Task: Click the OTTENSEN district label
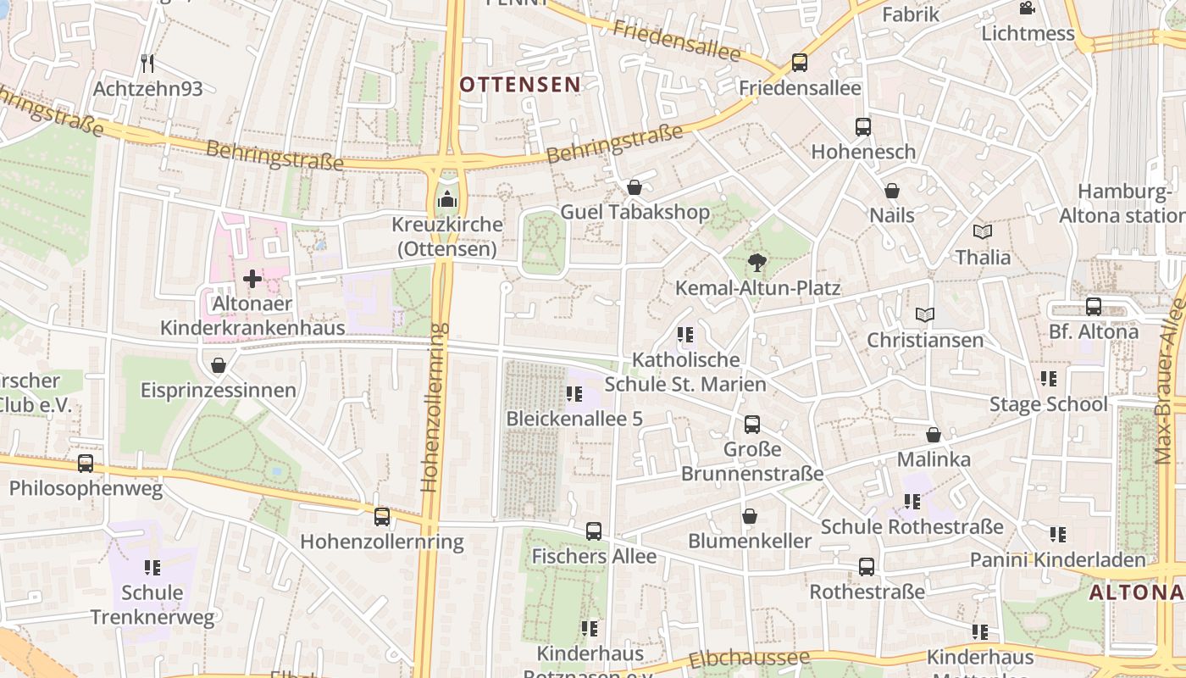tap(520, 84)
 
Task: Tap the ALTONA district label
tap(1136, 592)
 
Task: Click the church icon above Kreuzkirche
tap(446, 201)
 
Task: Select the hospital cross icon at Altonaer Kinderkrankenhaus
tap(252, 278)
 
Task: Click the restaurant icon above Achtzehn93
tap(147, 63)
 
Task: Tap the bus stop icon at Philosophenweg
tap(86, 464)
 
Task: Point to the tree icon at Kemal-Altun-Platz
tap(756, 263)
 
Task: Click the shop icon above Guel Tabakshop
tap(635, 187)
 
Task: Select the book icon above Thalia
tap(983, 231)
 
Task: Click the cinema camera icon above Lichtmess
tap(1027, 8)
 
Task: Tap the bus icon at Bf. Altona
tap(1094, 307)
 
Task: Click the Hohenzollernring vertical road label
tap(431, 407)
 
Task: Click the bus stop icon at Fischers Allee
tap(594, 531)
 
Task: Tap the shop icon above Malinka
tap(934, 435)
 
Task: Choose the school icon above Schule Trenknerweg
tap(152, 567)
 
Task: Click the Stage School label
tap(1048, 404)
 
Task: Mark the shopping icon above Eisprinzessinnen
tap(219, 365)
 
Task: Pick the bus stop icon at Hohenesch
tap(863, 127)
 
